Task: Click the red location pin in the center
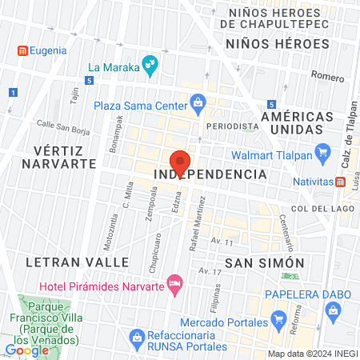[x=180, y=161]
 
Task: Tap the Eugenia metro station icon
[x=22, y=50]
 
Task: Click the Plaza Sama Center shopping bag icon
[x=198, y=102]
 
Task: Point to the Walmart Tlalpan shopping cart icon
[x=322, y=150]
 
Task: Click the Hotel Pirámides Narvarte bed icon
[x=174, y=282]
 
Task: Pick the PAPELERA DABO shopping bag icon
[x=331, y=309]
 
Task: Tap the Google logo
[x=27, y=350]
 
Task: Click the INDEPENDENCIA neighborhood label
[x=209, y=174]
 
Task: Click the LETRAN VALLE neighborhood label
[x=78, y=262]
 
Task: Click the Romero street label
[x=327, y=78]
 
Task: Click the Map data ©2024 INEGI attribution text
[x=311, y=353]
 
